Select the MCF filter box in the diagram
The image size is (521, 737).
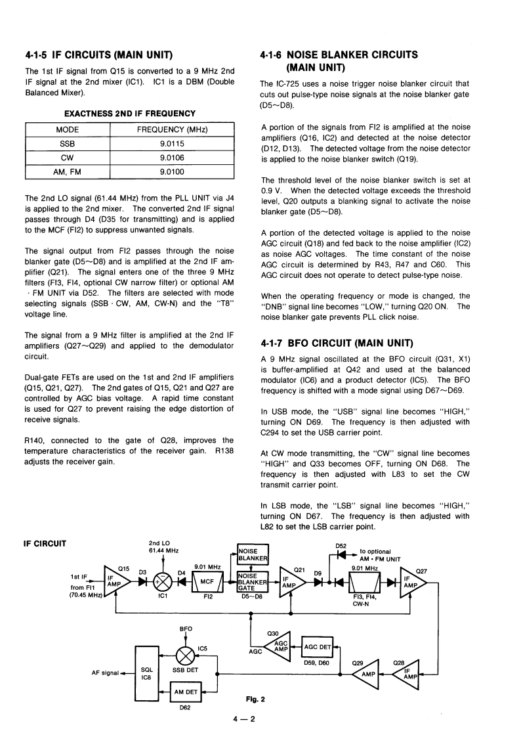207,581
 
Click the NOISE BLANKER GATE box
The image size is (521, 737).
252,581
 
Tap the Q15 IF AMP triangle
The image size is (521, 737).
114,581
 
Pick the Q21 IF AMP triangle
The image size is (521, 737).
289,581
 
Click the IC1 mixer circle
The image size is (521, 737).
161,581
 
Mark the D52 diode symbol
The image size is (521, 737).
341,552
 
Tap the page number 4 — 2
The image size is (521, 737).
247,719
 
